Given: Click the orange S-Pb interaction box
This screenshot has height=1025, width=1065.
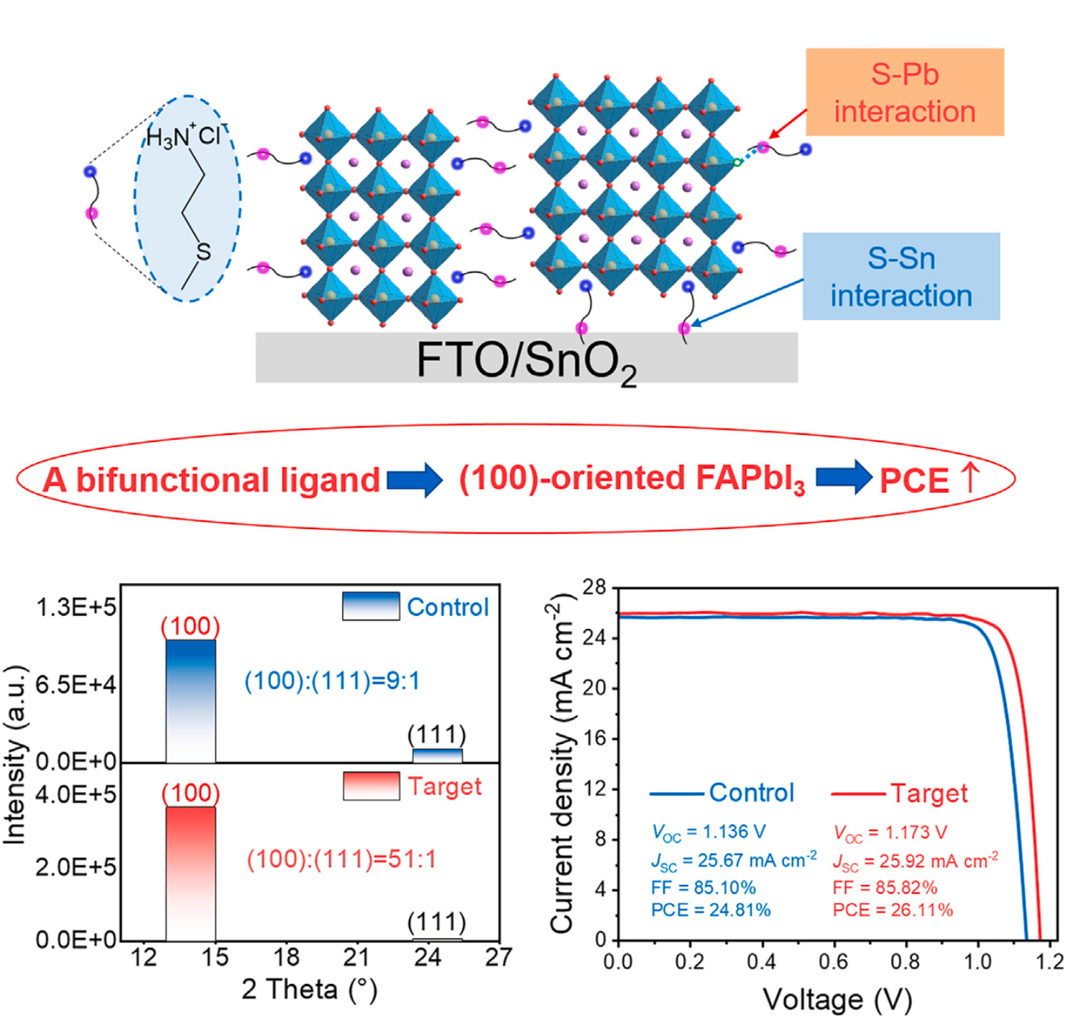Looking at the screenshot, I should pos(904,93).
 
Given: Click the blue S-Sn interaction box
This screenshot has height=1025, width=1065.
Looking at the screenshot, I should pos(900,277).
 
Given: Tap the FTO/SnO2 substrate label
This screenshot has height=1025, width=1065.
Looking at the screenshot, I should pos(526,360).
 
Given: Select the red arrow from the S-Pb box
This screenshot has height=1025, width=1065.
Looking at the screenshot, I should pos(788,123).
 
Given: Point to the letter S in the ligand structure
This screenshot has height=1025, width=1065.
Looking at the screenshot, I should pos(203,252).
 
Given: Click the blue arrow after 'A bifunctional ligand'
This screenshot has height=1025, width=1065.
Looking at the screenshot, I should pos(415,479).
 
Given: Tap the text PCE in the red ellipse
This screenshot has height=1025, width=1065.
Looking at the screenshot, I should pos(914,481).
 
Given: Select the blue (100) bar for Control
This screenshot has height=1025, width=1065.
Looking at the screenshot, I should pos(190,700).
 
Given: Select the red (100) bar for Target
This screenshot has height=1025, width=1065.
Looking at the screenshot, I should pos(190,873).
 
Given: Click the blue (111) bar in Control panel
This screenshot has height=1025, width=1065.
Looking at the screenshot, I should pos(437,755).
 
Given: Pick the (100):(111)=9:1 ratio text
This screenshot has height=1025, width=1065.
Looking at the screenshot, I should pos(332,681).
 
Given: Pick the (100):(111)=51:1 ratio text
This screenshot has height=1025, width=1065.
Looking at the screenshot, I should pos(341,860).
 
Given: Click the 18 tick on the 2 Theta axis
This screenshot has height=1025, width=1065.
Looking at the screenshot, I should pos(286,957).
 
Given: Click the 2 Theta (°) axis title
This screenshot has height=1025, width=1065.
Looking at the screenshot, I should pos(309,990).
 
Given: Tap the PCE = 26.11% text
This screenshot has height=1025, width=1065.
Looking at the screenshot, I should pos(893,910).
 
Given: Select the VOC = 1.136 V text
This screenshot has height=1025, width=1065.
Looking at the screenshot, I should pos(708,832).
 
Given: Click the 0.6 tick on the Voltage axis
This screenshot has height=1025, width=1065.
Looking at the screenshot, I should pos(834,962).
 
